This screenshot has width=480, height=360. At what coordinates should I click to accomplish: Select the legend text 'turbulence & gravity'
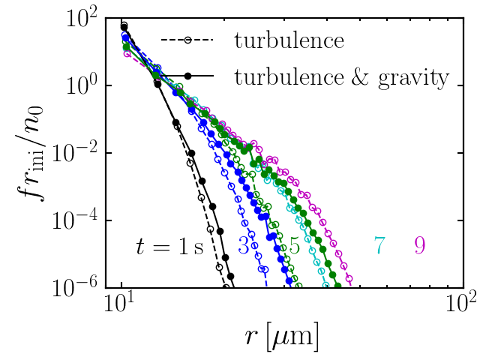click(x=341, y=76)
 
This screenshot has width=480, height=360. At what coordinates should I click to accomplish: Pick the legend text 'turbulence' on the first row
click(x=289, y=40)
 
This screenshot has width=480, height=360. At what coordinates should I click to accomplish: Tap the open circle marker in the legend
click(x=187, y=40)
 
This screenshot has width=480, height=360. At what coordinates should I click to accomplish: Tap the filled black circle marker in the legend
click(x=187, y=76)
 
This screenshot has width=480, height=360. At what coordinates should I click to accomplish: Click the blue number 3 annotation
click(x=244, y=246)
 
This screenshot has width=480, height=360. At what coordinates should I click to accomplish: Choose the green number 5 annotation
click(x=295, y=246)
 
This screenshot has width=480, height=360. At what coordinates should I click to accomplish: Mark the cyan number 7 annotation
click(x=380, y=246)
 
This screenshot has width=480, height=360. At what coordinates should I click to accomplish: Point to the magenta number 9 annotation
click(x=420, y=246)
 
